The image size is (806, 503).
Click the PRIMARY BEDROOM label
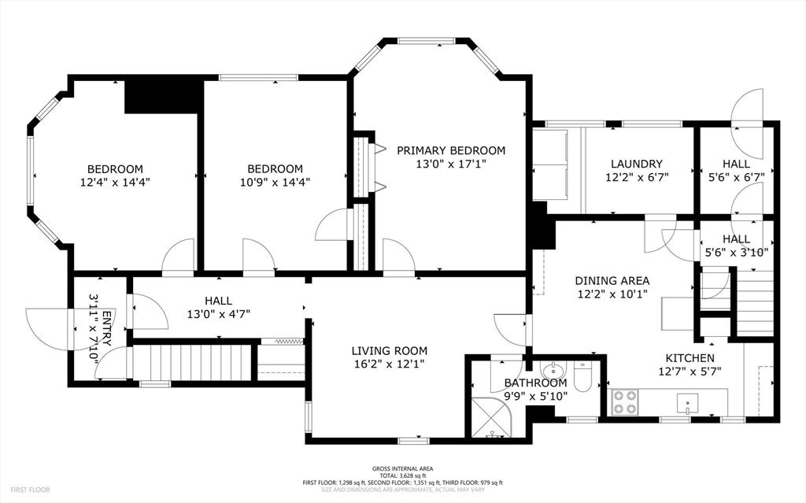pyautogui.click(x=451, y=150)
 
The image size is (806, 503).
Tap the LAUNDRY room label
pyautogui.click(x=637, y=164)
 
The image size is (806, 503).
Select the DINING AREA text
pyautogui.click(x=612, y=280)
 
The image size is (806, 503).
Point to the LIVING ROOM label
pyautogui.click(x=389, y=350)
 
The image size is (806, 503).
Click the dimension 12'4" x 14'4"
pyautogui.click(x=115, y=181)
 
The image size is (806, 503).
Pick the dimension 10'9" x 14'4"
pyautogui.click(x=275, y=181)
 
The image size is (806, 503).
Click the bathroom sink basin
pyautogui.click(x=554, y=371)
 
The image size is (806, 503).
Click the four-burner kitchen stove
pyautogui.click(x=624, y=403)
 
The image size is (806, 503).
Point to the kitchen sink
pyautogui.click(x=687, y=405)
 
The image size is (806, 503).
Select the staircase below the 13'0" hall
pyautogui.click(x=192, y=362)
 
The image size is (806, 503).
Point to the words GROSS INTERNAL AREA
pyautogui.click(x=402, y=468)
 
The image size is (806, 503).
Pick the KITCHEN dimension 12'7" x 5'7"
pyautogui.click(x=690, y=371)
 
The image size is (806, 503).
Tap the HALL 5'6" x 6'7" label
pyautogui.click(x=736, y=170)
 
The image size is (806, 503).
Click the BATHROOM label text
pyautogui.click(x=535, y=383)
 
